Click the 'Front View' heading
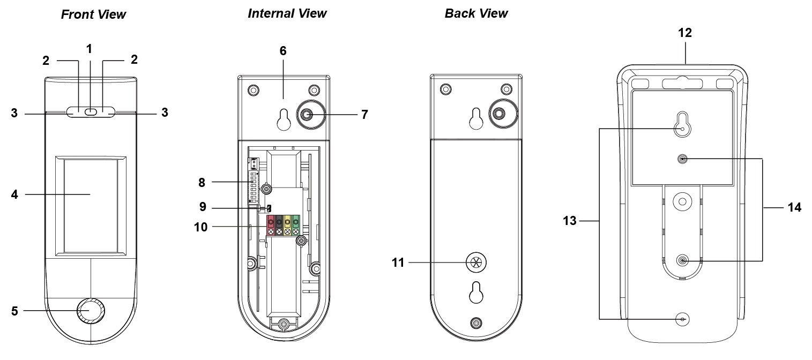93,14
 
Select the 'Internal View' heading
287,13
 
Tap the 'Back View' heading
476,13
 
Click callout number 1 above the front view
90,49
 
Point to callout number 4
14,194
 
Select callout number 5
14,310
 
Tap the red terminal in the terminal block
271,221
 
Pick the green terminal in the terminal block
295,221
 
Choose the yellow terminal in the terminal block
287,221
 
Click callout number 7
364,114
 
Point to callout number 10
202,227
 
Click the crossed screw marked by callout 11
474,262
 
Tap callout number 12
684,33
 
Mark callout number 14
794,208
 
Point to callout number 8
202,183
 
